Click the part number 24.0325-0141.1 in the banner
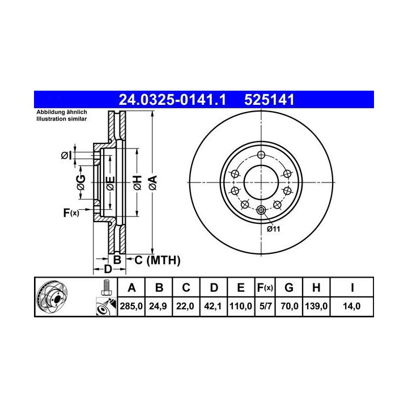[x=172, y=100]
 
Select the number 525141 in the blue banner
[x=269, y=100]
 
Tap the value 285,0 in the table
[x=131, y=306]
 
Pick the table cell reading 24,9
[x=158, y=306]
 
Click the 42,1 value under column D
[x=212, y=306]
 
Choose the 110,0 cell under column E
[x=241, y=306]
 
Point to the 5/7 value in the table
[x=265, y=306]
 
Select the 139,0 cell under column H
[x=316, y=306]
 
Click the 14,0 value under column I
[x=351, y=306]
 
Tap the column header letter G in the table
[x=289, y=288]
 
